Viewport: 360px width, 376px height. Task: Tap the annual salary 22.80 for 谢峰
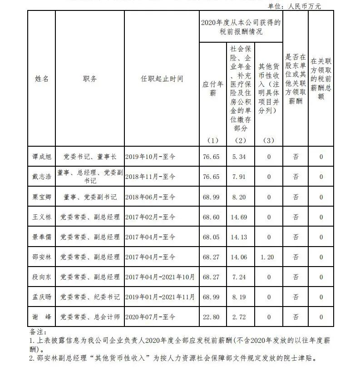click(x=211, y=317)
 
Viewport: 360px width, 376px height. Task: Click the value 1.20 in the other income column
click(x=268, y=257)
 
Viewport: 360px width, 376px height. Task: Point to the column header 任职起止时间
click(x=162, y=79)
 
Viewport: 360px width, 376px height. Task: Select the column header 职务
click(x=89, y=79)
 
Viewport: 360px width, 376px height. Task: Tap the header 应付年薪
click(x=212, y=89)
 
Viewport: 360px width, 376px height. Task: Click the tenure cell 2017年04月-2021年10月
click(x=160, y=277)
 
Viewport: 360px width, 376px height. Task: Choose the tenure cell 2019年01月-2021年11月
click(x=160, y=297)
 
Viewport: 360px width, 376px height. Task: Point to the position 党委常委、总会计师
click(x=90, y=317)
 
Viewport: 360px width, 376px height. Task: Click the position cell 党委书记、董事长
click(x=90, y=157)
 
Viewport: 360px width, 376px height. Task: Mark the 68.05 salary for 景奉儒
click(x=211, y=237)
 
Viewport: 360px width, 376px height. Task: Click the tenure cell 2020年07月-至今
click(x=150, y=317)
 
